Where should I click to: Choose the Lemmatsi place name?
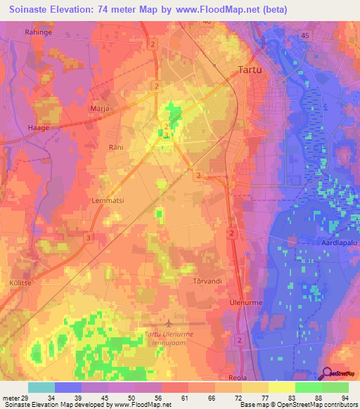[108, 200]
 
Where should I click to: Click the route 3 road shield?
[88, 238]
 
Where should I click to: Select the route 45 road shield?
[304, 35]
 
